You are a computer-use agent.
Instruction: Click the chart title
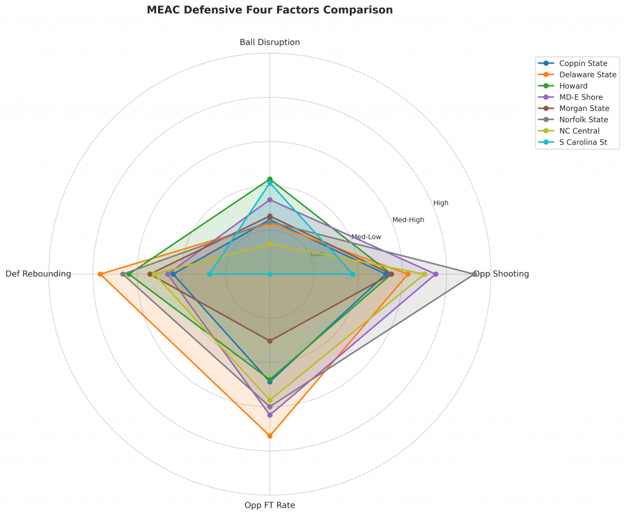click(270, 10)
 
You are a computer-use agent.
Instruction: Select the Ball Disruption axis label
click(270, 43)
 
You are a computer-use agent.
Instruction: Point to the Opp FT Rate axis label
click(270, 505)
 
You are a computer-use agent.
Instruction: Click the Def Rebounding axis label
click(38, 274)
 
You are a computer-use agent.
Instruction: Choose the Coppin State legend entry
click(583, 63)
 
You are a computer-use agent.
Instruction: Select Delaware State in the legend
click(587, 74)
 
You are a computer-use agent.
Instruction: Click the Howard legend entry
click(573, 85)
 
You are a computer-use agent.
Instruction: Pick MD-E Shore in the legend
click(580, 97)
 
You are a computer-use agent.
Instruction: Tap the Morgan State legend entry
click(584, 108)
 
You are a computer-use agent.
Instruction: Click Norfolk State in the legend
click(583, 120)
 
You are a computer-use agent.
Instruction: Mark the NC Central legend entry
click(579, 131)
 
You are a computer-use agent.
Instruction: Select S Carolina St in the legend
click(583, 142)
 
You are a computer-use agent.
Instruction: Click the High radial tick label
click(441, 203)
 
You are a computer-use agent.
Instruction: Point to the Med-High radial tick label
click(408, 220)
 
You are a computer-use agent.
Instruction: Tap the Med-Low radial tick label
click(366, 237)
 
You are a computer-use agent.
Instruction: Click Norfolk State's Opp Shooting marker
click(475, 274)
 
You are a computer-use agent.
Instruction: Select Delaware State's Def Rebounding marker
click(100, 274)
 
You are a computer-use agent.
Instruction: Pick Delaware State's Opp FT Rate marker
click(270, 436)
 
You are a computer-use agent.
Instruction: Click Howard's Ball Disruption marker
click(270, 179)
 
